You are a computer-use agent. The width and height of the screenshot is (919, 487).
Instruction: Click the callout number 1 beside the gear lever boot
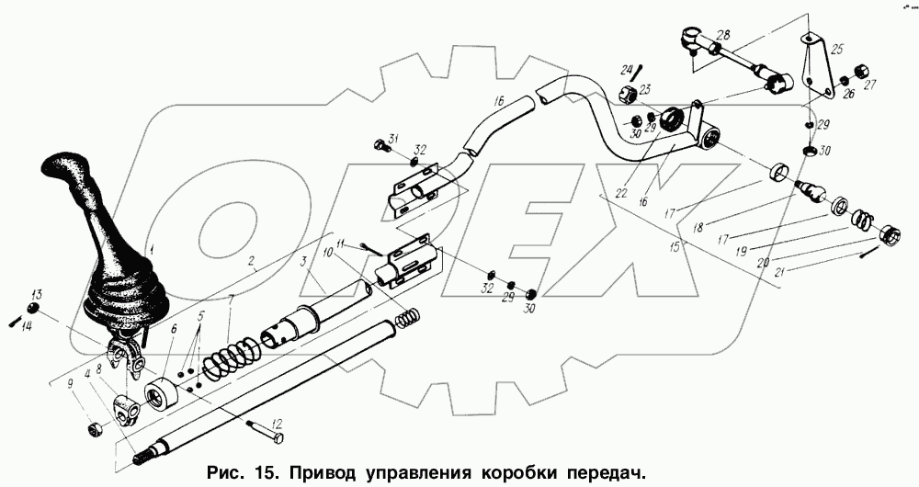pyautogui.click(x=153, y=249)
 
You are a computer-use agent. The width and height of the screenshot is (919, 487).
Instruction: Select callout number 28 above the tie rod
pyautogui.click(x=723, y=36)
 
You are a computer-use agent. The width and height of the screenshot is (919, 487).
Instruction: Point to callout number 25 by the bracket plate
pyautogui.click(x=837, y=50)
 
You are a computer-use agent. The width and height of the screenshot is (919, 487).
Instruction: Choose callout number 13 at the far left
pyautogui.click(x=37, y=295)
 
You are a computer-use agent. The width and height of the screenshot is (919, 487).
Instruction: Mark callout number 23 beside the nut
pyautogui.click(x=645, y=89)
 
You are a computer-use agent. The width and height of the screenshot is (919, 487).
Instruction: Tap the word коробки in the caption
pyautogui.click(x=514, y=473)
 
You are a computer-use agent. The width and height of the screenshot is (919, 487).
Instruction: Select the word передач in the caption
pyautogui.click(x=598, y=473)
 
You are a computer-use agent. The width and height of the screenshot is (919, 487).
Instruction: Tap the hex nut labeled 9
pyautogui.click(x=95, y=428)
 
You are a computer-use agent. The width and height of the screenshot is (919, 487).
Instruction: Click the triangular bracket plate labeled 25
pyautogui.click(x=814, y=69)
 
